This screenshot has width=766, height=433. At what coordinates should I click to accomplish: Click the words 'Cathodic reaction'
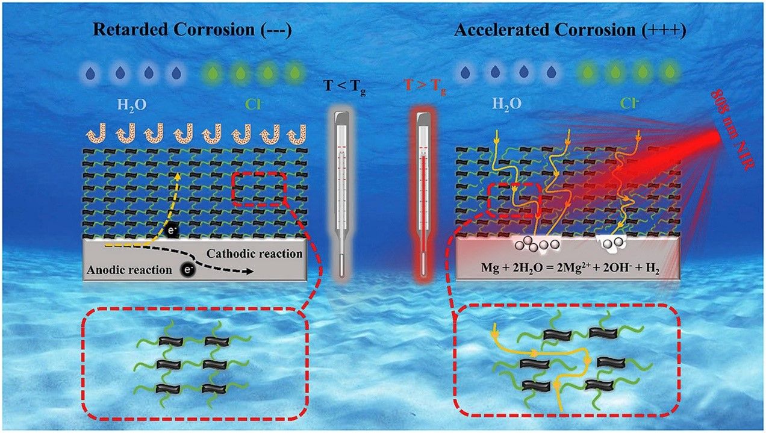[x=254, y=254]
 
